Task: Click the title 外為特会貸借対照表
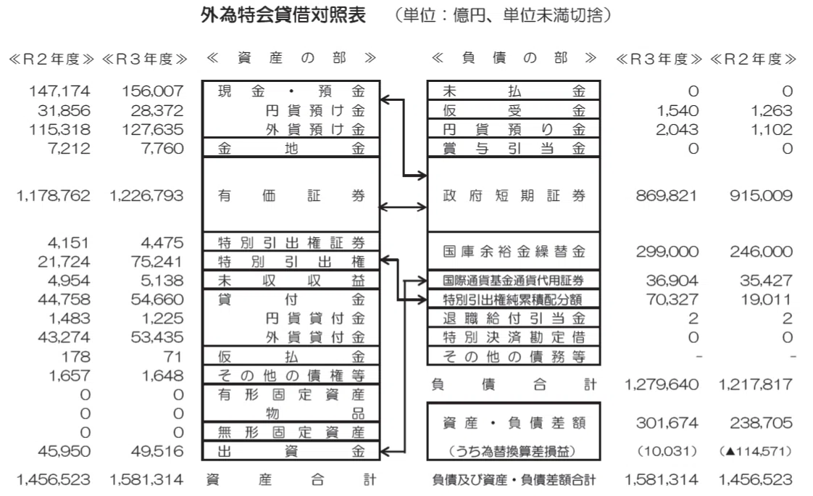point(283,15)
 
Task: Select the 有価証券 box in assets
point(291,195)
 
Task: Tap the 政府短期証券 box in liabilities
point(513,195)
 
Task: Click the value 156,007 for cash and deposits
point(152,91)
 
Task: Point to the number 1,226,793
point(146,196)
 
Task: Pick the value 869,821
point(666,196)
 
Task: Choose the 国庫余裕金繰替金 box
point(513,252)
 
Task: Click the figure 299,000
point(667,252)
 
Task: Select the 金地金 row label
point(291,149)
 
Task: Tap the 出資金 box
point(291,451)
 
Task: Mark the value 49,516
point(157,451)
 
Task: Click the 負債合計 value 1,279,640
point(662,384)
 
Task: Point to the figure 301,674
point(667,423)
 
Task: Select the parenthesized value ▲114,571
point(756,451)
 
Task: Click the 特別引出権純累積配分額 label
point(513,299)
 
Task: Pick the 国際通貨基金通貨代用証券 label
point(513,281)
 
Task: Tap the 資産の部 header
point(291,57)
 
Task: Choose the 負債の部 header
point(514,57)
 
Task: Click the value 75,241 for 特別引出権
point(157,262)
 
